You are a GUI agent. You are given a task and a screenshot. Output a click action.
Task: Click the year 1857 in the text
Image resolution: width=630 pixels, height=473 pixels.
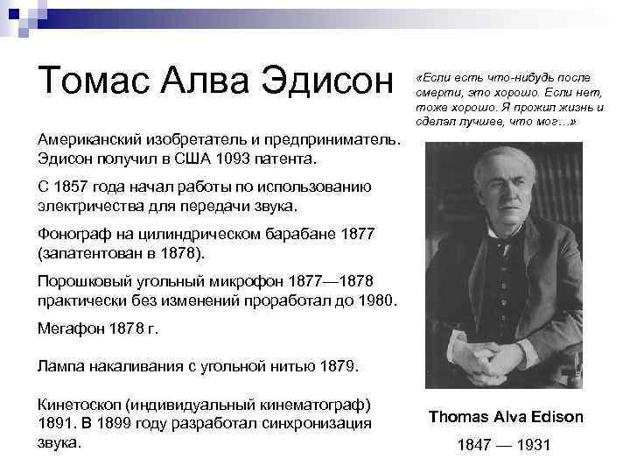click(x=78, y=187)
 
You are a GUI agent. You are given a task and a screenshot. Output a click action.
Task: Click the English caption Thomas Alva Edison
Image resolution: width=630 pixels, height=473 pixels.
click(x=506, y=417)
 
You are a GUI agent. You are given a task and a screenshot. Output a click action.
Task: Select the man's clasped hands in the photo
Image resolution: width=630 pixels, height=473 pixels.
click(x=514, y=359)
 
